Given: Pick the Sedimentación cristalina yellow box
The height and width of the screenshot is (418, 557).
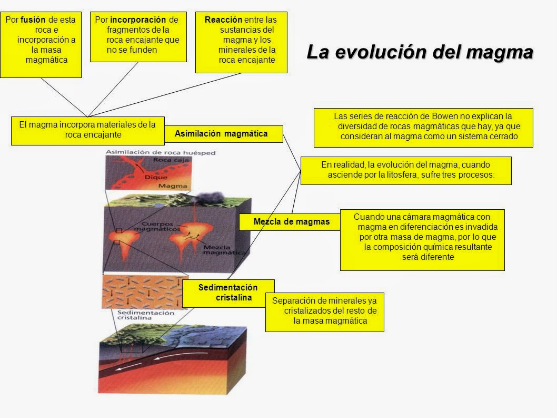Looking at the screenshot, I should click(x=228, y=293).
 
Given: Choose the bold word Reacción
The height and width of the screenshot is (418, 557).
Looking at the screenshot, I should click(x=220, y=20).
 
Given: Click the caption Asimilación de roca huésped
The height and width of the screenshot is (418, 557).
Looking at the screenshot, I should click(x=153, y=153).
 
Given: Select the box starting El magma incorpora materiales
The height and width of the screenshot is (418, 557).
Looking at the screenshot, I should click(x=87, y=130).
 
